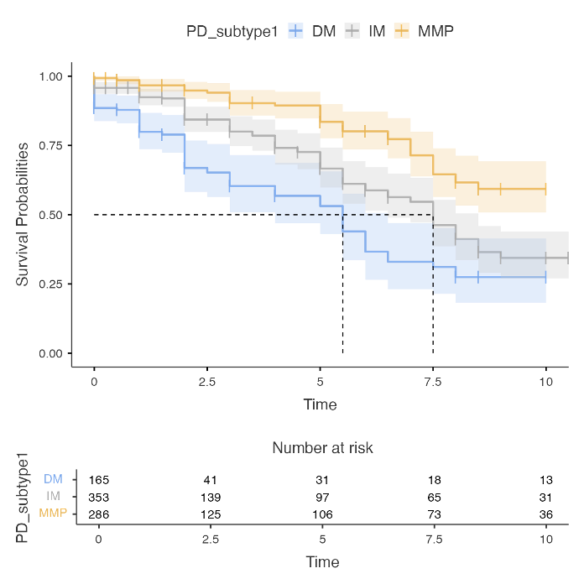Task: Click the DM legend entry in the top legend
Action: pos(311,31)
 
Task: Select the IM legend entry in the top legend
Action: pos(365,31)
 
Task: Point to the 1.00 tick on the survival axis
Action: pos(50,76)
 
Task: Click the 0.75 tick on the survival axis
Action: pos(50,146)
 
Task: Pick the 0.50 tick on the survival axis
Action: pos(50,215)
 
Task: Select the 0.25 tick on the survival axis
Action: pos(50,284)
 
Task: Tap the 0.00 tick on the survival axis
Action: pos(50,353)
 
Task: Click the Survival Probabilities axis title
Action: pos(23,214)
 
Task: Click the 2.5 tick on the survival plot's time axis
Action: pos(206,382)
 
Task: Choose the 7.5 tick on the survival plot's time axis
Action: pos(433,382)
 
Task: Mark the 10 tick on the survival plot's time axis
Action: pos(545,382)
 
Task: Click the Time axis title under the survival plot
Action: pos(320,404)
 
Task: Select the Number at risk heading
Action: pos(322,448)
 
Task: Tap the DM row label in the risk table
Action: pos(53,479)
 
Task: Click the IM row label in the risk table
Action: pos(53,496)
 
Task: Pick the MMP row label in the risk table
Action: pos(53,513)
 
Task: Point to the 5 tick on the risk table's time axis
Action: pos(322,539)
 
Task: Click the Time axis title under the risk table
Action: pos(322,561)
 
